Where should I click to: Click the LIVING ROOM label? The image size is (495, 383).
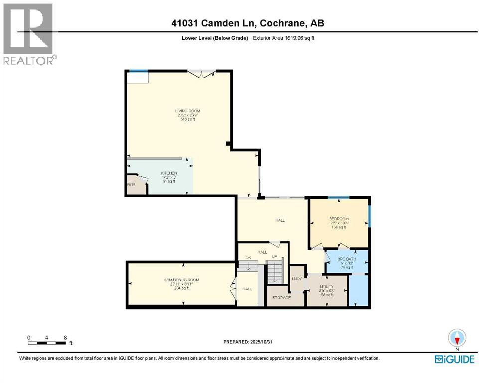tap(187, 111)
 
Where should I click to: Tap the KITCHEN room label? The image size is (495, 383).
tap(168, 173)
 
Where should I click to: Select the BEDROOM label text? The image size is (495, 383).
tap(338, 219)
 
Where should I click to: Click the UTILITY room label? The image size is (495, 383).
tap(327, 287)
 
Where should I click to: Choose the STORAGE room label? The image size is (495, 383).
tap(281, 298)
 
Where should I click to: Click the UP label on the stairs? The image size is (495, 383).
tap(274, 257)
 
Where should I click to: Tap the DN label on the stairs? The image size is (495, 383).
tap(247, 257)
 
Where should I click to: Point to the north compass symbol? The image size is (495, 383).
tap(457, 338)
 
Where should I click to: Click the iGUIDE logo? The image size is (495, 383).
tap(454, 359)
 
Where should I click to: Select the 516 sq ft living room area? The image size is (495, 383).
tap(187, 120)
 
